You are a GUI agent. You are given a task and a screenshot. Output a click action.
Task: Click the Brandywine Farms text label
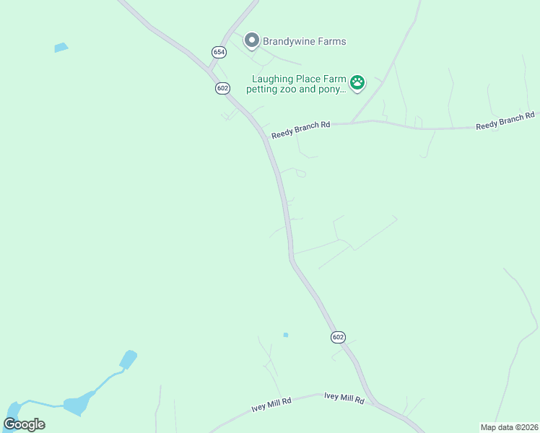304,41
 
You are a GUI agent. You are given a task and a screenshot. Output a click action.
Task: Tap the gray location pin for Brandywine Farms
251,40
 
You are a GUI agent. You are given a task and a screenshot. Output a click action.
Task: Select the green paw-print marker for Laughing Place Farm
357,82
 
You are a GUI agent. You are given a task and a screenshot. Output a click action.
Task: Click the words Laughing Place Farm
299,79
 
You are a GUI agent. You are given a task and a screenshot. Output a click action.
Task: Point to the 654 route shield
219,52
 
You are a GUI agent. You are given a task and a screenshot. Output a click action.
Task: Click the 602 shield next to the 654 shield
222,87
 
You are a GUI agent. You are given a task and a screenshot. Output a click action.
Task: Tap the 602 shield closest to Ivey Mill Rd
339,337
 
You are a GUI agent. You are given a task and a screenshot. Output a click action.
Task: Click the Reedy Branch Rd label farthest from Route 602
505,121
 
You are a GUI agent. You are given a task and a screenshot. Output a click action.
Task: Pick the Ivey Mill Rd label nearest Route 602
344,397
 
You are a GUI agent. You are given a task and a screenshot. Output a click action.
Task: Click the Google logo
24,424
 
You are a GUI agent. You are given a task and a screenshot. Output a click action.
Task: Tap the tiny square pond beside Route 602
286,335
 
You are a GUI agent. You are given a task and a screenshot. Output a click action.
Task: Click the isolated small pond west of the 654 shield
61,48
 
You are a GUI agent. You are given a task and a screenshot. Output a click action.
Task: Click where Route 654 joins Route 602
209,70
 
